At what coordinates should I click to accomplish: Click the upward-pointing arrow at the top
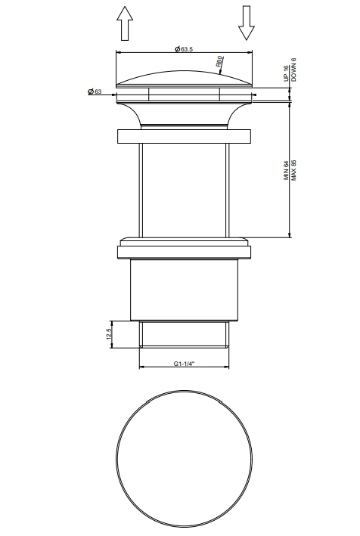pos(125,23)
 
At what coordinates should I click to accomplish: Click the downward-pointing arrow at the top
pos(246,23)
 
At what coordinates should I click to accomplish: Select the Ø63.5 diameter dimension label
pos(184,49)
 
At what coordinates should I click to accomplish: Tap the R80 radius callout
pos(221,61)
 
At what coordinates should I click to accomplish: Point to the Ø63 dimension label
pos(95,91)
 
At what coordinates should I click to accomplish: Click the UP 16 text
pos(286,73)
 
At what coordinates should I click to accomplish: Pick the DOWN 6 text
pos(293,70)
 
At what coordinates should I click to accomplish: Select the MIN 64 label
pos(286,171)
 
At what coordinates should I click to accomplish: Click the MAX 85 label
pos(293,170)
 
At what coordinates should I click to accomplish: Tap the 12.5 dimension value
pos(109,334)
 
